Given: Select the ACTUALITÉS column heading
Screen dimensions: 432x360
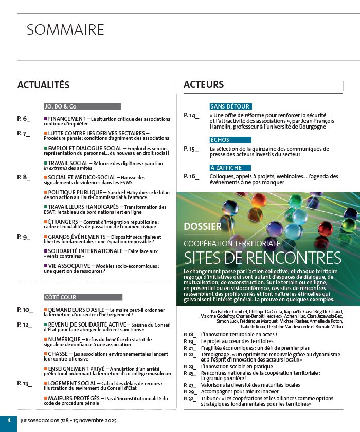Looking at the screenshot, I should pyautogui.click(x=43, y=85).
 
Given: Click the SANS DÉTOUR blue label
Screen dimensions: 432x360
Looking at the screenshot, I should pyautogui.click(x=231, y=106).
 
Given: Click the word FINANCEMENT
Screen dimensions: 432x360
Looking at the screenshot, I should pyautogui.click(x=67, y=119).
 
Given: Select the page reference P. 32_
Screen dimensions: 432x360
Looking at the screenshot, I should pyautogui.click(x=190, y=398).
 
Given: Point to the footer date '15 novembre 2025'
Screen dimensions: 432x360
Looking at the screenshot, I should pyautogui.click(x=95, y=420).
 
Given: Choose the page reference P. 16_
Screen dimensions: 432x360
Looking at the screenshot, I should pyautogui.click(x=191, y=176).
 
